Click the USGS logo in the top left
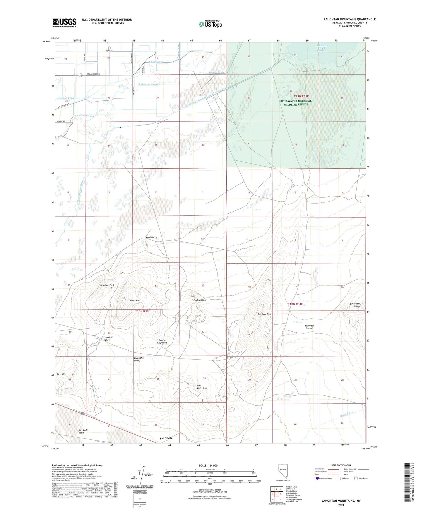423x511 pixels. tap(64, 23)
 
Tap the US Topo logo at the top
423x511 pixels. tap(210, 24)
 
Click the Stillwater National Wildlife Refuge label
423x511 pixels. tap(296, 102)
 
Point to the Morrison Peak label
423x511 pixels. tap(107, 285)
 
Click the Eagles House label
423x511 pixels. tap(200, 300)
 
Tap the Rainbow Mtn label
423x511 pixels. tap(264, 314)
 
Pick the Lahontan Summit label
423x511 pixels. tap(309, 327)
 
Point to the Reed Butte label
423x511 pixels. tap(151, 237)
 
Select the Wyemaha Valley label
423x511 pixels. tap(137, 359)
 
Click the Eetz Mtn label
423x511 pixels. tap(61, 374)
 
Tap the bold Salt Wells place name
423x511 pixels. tap(166, 438)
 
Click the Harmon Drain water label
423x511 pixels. tap(66, 98)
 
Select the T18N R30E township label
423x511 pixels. tap(143, 311)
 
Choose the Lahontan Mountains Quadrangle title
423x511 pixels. tap(350, 19)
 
